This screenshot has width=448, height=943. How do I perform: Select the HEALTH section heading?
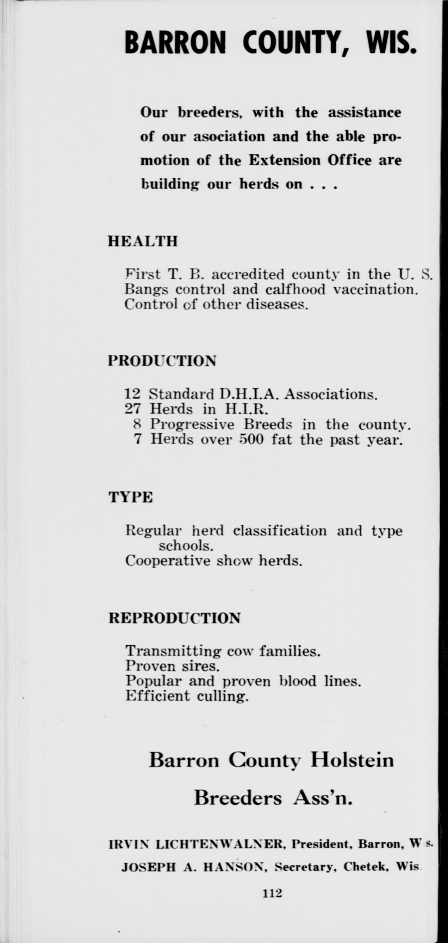(143, 242)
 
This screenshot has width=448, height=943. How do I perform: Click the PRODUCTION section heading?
(162, 361)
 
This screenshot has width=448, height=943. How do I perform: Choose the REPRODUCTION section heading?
(175, 618)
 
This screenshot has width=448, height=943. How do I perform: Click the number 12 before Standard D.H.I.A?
(132, 394)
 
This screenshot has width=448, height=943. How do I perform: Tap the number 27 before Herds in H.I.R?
(132, 409)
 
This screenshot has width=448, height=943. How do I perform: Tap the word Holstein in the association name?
(352, 760)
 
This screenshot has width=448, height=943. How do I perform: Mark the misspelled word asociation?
(229, 137)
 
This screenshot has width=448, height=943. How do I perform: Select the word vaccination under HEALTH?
(375, 290)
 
